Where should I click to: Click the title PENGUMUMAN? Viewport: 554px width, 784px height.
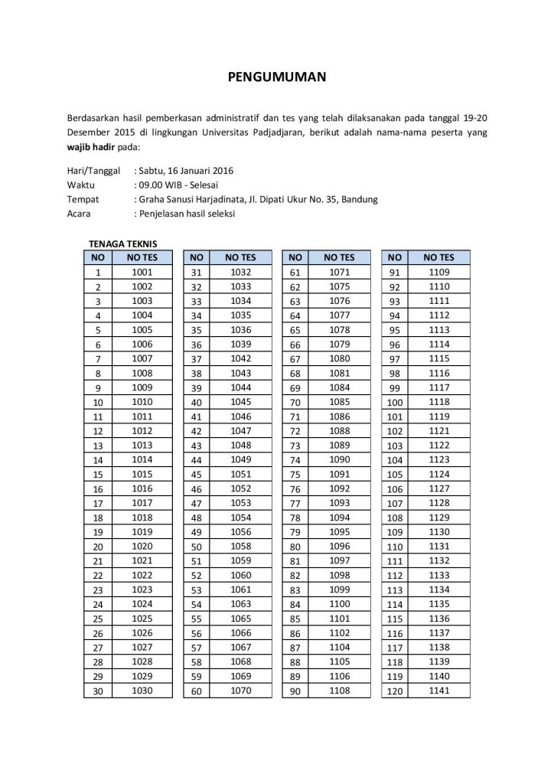(x=278, y=77)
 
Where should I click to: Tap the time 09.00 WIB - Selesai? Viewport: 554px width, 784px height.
(x=174, y=185)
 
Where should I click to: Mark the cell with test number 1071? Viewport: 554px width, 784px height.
(x=339, y=272)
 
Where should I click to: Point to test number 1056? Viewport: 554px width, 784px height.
(x=240, y=532)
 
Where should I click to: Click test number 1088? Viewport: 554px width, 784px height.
(x=339, y=431)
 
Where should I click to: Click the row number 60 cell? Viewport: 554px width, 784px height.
(x=196, y=692)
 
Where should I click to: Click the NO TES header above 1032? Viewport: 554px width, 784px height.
(x=240, y=257)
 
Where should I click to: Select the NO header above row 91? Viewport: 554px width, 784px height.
(x=395, y=257)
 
